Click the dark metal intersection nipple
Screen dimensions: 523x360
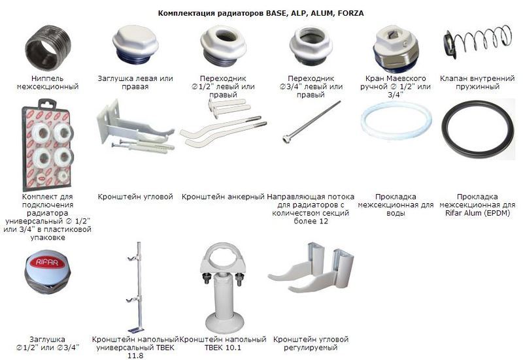tap(48, 48)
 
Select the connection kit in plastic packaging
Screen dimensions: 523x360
tap(46, 145)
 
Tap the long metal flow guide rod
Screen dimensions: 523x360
tap(311, 122)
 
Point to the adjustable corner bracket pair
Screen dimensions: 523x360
tap(312, 267)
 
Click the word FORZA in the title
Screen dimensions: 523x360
tap(350, 13)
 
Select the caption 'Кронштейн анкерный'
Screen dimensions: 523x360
tap(223, 197)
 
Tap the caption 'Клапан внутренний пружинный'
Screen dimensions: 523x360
tap(477, 83)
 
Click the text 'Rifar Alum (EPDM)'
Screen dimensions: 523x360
tap(477, 213)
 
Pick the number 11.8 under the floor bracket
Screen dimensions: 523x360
tap(135, 356)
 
